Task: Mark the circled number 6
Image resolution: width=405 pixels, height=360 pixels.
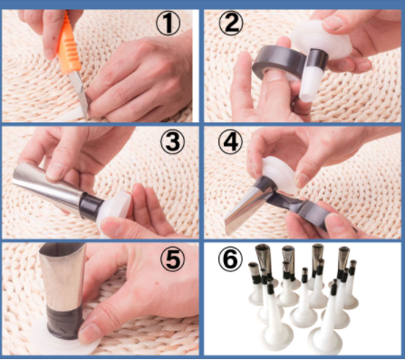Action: point(232,260)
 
